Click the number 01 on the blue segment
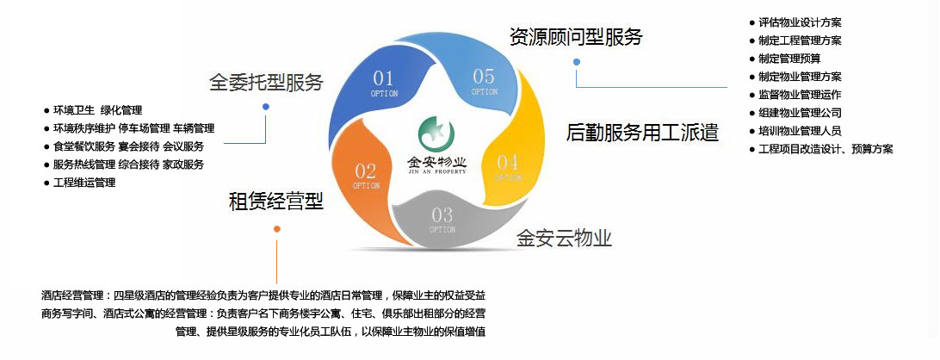click(x=383, y=78)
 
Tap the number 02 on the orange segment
click(x=365, y=171)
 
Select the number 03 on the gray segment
click(x=442, y=214)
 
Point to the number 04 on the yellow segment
click(x=507, y=161)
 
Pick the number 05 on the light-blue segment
click(x=484, y=76)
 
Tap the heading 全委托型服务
click(x=266, y=82)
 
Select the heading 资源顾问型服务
click(x=576, y=37)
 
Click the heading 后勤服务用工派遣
click(x=642, y=133)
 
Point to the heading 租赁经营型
click(x=276, y=201)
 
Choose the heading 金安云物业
click(x=564, y=239)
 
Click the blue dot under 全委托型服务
click(x=266, y=107)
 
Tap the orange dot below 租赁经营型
click(x=277, y=229)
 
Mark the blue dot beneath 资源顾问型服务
click(x=577, y=62)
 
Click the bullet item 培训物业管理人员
click(x=795, y=131)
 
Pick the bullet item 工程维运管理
click(x=79, y=183)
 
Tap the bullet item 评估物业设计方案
click(x=795, y=22)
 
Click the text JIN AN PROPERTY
click(x=436, y=171)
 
